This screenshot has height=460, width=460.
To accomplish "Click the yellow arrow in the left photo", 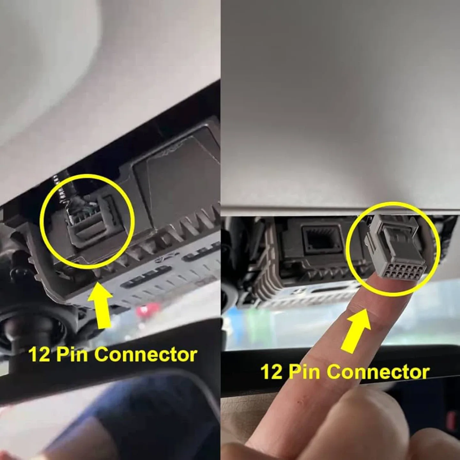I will point(100,307).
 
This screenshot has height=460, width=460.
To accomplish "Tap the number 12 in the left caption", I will point(39,355).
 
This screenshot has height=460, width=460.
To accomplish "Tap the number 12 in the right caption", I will point(271,372).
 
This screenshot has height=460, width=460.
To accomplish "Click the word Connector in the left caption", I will point(145,355).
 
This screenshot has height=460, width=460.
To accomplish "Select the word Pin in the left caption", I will point(72,355).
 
